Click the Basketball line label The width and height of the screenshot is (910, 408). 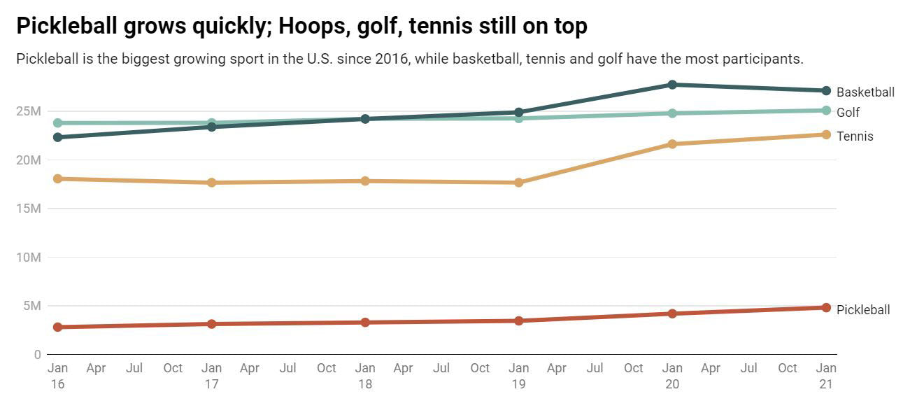(x=865, y=92)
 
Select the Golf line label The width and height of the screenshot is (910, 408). (x=848, y=113)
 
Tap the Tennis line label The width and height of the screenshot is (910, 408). (x=855, y=136)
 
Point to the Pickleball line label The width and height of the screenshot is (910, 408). (x=863, y=310)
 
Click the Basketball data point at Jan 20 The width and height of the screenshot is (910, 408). (x=672, y=85)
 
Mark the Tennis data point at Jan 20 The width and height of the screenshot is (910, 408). (x=672, y=144)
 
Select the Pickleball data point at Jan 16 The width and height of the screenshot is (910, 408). (x=58, y=327)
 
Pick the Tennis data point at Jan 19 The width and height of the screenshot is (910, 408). (x=518, y=183)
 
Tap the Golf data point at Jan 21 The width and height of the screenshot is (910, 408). (x=826, y=111)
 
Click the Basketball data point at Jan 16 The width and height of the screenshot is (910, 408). (x=58, y=137)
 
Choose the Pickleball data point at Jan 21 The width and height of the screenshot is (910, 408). (x=826, y=308)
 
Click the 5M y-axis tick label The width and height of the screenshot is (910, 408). (x=32, y=306)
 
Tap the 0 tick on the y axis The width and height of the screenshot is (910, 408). (x=37, y=355)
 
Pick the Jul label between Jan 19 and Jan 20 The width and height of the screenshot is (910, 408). (x=595, y=368)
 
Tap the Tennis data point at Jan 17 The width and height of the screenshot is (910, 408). (x=211, y=183)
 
